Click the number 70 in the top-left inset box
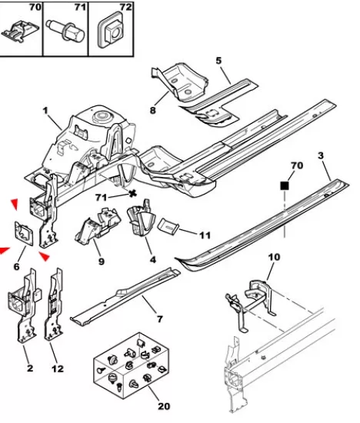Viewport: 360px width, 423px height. coord(35,7)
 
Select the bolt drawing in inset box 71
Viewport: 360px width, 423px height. coord(65,31)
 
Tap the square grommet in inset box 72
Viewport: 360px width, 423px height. coord(111,30)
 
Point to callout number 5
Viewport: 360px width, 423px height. coord(218,61)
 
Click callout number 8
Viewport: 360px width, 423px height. coord(153,110)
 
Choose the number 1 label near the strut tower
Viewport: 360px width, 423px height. coord(45,111)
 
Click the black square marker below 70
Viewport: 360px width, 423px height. coord(285,186)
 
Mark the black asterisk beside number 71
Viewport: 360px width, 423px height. coord(132,193)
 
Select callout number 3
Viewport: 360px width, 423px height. coord(321,155)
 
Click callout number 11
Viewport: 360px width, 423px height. coord(205,235)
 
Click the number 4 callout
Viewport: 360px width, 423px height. coord(153,260)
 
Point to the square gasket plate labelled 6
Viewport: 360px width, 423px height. coord(24,234)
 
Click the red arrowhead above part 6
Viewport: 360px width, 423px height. coord(15,204)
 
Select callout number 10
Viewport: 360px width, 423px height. coord(274,257)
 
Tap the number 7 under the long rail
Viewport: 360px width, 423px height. coord(160,319)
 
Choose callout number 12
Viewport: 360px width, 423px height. coord(58,368)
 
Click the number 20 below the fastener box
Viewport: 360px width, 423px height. coord(164,406)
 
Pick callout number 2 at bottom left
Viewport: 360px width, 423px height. coord(30,368)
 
